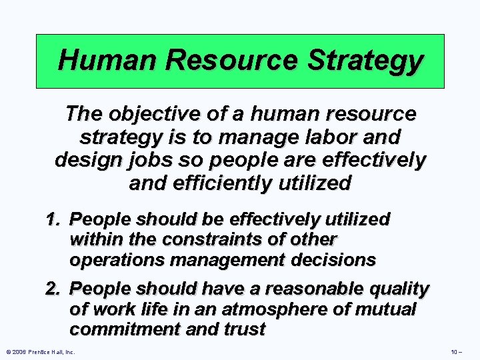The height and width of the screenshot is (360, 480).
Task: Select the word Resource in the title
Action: pyautogui.click(x=232, y=61)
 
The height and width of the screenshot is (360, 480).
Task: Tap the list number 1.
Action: pyautogui.click(x=53, y=219)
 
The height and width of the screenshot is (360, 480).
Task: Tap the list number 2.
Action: pyautogui.click(x=53, y=289)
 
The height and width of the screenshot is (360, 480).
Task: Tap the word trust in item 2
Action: pyautogui.click(x=244, y=329)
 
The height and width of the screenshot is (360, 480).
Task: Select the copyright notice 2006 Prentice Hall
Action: pyautogui.click(x=40, y=351)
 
